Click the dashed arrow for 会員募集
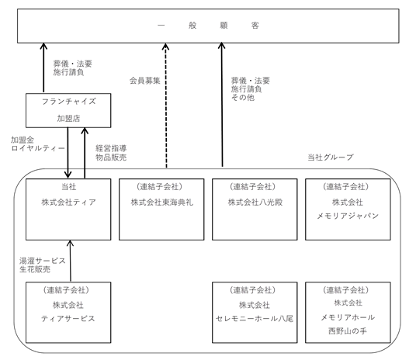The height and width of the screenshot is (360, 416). (166, 106)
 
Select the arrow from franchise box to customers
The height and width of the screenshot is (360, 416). (43, 67)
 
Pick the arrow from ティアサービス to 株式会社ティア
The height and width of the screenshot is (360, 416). (71, 261)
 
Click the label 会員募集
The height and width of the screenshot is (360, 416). (145, 81)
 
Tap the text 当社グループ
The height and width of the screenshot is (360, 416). (331, 157)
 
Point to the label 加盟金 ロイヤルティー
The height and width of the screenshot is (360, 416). (37, 144)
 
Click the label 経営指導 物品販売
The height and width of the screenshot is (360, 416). (111, 153)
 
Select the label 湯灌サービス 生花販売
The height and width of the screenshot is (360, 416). (43, 265)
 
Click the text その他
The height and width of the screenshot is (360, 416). (243, 98)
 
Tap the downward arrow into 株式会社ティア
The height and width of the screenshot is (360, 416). (68, 153)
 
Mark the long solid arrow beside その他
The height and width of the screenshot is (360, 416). (222, 105)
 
